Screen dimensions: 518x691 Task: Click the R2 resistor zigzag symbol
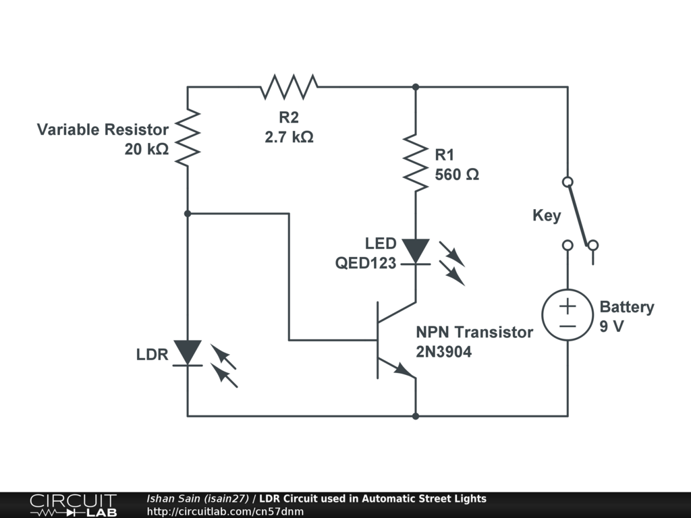click(289, 86)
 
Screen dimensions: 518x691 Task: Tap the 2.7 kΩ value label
click(289, 137)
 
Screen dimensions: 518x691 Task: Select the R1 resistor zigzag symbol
click(415, 162)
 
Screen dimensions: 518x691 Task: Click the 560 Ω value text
click(457, 174)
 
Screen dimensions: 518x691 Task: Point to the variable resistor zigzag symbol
click(188, 138)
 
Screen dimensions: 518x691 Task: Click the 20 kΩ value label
click(146, 149)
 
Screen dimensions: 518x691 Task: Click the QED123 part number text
click(366, 264)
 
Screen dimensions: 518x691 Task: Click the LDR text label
click(152, 354)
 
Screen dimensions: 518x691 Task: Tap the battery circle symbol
click(567, 316)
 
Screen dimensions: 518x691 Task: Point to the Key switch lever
click(579, 212)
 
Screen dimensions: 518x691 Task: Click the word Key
click(547, 216)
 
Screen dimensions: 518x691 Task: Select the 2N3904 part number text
click(443, 351)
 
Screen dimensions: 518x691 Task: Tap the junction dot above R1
click(415, 87)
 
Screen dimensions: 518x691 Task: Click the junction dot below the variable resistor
click(188, 213)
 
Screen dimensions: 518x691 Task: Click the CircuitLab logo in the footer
click(73, 505)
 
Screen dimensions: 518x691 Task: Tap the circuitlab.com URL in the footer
click(225, 511)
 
